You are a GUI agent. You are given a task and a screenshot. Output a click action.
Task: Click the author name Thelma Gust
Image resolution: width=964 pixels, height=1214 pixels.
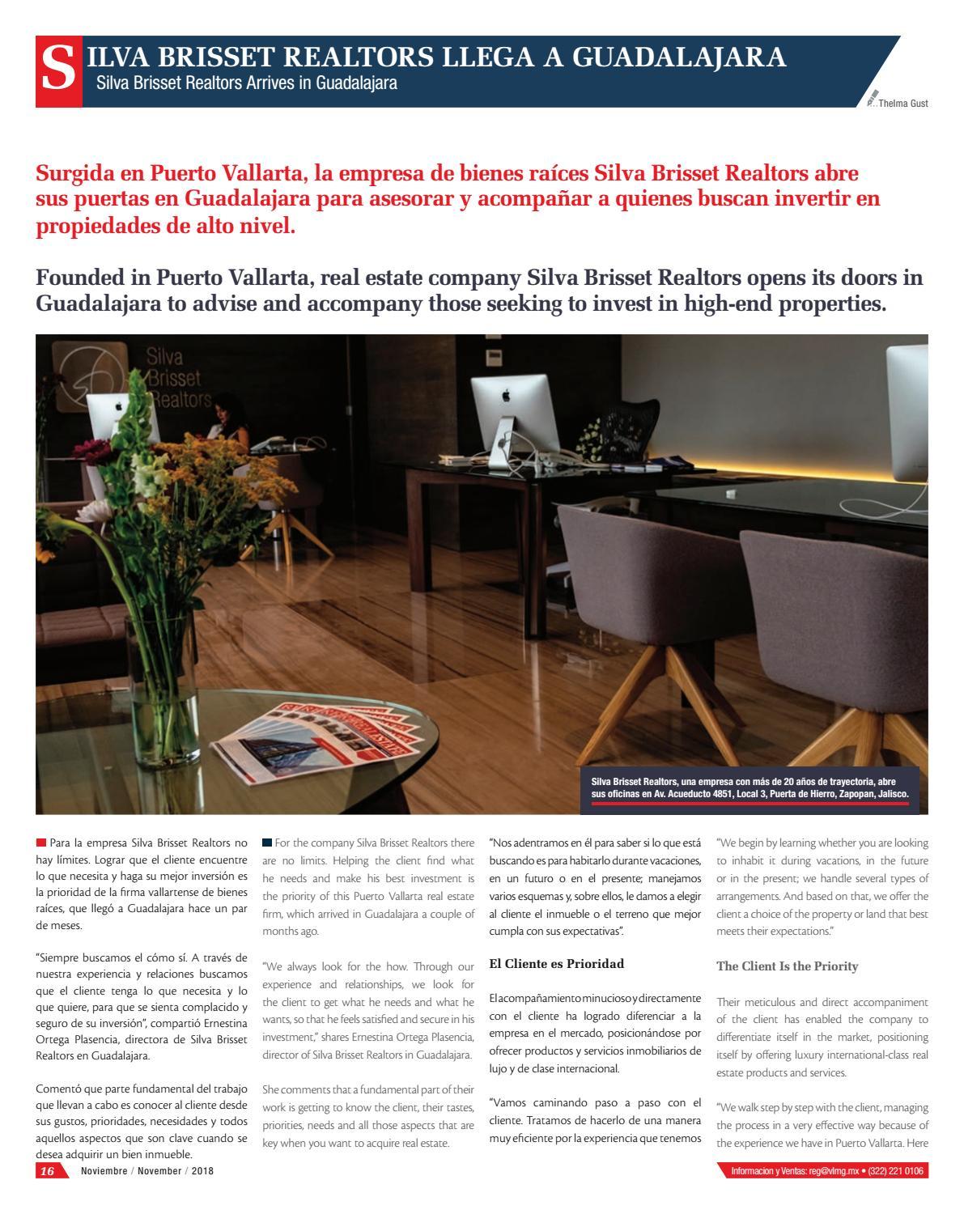(907, 104)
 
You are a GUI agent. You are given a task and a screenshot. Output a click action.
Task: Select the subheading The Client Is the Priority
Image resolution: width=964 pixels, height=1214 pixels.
(775, 966)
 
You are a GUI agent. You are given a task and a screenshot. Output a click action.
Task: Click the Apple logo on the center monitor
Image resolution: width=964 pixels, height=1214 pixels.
(507, 396)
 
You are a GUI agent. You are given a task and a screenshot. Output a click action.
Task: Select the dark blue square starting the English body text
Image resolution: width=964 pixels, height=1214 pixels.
(267, 843)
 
